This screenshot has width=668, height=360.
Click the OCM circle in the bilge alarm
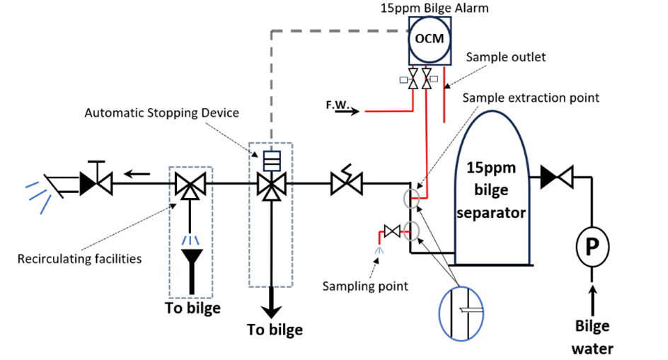coord(430,38)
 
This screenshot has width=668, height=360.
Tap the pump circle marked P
coord(591,246)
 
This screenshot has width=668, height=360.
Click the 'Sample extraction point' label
coord(531,98)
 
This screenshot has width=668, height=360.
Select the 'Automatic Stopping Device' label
coord(161,112)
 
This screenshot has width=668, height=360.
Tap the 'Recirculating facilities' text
coord(79,258)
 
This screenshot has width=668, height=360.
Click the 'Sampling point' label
coord(365,286)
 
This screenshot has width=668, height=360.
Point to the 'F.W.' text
coord(338,105)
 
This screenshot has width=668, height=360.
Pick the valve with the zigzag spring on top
coord(346,185)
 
